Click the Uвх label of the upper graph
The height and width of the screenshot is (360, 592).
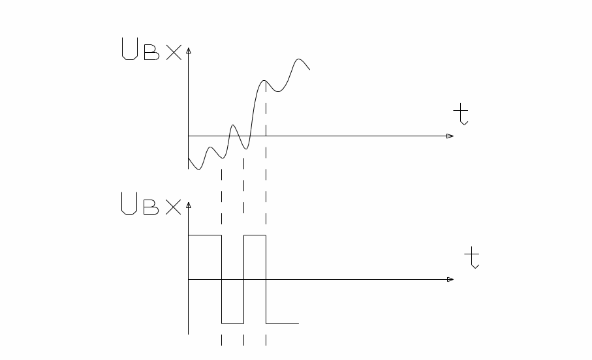(151, 50)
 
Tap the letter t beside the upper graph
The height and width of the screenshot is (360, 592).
(462, 116)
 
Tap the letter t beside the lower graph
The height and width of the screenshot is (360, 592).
(473, 258)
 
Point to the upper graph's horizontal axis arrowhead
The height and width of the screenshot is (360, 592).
(450, 136)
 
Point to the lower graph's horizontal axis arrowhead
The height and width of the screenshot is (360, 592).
(450, 279)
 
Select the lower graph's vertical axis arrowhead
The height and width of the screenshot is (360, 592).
(189, 205)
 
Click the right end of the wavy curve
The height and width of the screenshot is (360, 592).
(309, 69)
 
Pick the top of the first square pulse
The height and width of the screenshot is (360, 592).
(205, 235)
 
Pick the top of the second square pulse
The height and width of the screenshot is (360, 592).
(255, 235)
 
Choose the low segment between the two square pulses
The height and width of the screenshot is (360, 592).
(232, 323)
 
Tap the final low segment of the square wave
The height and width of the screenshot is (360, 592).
(282, 323)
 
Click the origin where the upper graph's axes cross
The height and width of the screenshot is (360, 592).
(189, 136)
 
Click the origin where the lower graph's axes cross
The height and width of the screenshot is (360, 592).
(189, 279)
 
